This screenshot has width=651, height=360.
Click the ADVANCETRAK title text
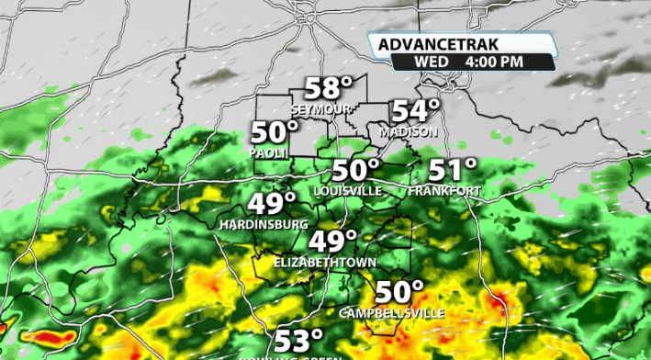tap(430, 43)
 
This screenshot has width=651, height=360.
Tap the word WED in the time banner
tap(431, 62)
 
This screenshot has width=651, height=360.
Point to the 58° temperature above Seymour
tap(328, 89)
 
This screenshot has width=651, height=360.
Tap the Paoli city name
tap(268, 152)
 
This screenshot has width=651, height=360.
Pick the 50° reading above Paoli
tap(275, 133)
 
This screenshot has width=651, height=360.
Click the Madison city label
tap(409, 132)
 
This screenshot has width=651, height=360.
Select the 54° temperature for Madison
tap(415, 111)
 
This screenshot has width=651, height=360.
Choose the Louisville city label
tap(348, 190)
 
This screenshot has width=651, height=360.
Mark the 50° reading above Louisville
tap(355, 171)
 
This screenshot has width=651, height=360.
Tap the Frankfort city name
tap(445, 191)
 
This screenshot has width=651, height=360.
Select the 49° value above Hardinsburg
tap(272, 204)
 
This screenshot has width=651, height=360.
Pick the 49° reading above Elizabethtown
tap(332, 242)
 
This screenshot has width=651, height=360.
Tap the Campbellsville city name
tap(392, 313)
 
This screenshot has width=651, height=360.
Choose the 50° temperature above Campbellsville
tap(399, 293)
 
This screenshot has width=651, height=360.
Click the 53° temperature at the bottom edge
tap(299, 341)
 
